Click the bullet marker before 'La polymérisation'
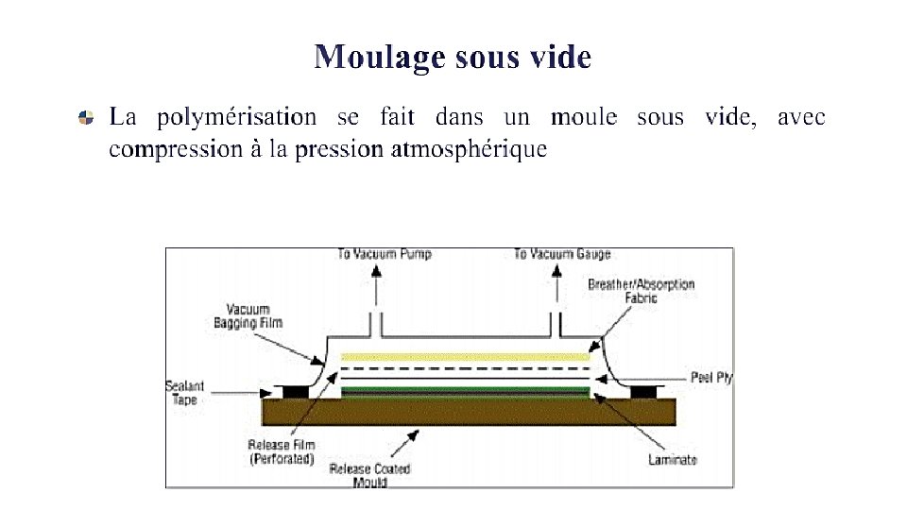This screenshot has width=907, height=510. coord(86,119)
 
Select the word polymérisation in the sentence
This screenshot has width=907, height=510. coord(236,118)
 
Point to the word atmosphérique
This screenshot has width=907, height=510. coord(469,149)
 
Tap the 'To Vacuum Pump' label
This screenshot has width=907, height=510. coord(385,254)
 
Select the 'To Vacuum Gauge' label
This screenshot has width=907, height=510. coord(562,254)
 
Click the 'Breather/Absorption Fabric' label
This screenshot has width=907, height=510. coord(641,291)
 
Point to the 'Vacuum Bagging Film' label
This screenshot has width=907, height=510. coord(248,316)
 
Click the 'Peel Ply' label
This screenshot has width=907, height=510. coord(711,378)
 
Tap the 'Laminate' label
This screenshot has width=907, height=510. coord(673,460)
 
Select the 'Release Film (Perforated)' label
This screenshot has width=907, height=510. coord(282,451)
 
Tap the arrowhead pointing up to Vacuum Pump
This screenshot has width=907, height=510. coord(376,269)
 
